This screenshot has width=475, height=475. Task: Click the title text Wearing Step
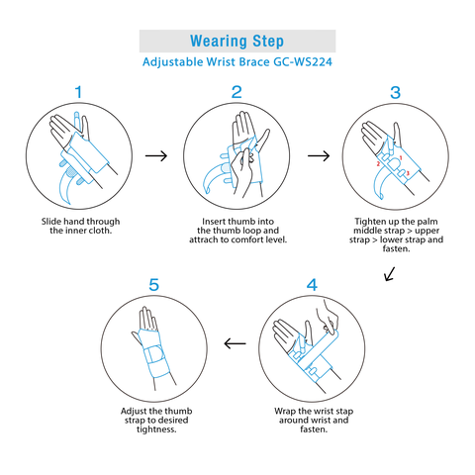(237, 42)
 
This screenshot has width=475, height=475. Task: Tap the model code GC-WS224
(303, 62)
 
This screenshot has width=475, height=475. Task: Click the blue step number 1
(78, 92)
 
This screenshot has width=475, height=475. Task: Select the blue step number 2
(237, 92)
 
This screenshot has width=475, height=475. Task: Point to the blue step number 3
(395, 93)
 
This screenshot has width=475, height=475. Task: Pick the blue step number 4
(312, 285)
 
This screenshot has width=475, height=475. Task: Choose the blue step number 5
(154, 285)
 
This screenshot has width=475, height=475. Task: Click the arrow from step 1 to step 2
(156, 155)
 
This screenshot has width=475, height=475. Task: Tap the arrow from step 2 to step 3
(319, 155)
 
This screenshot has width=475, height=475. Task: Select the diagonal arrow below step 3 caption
(390, 274)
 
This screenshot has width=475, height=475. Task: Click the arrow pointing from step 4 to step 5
(235, 343)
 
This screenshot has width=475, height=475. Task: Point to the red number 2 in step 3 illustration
(378, 164)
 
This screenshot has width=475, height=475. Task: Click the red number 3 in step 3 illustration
(408, 173)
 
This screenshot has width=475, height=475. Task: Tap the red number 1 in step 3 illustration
(401, 158)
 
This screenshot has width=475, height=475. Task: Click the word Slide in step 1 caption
(51, 222)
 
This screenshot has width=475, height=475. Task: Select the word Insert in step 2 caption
(214, 222)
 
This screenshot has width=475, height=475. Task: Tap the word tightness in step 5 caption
(156, 429)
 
